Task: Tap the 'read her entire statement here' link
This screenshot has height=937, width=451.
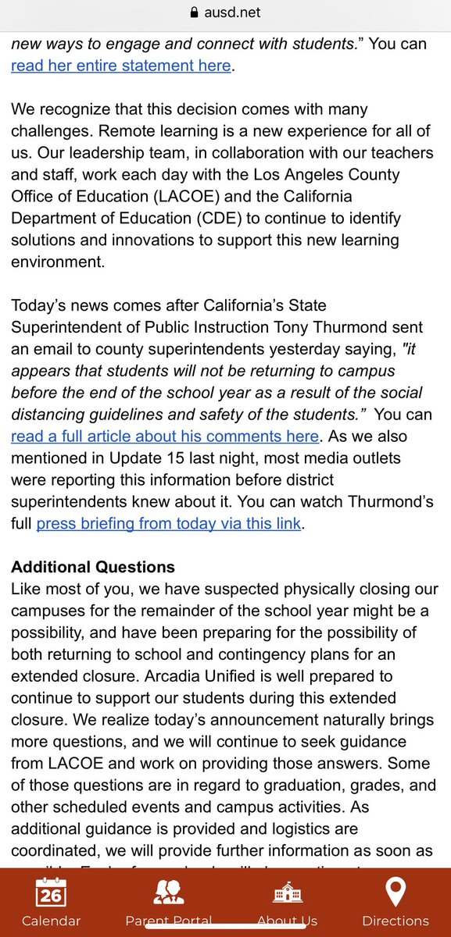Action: [x=121, y=66]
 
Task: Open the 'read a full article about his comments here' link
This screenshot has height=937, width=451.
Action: [x=165, y=436]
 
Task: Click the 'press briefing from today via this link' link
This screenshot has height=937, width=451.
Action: [x=168, y=523]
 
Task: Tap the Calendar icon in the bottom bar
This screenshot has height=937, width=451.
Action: [x=51, y=892]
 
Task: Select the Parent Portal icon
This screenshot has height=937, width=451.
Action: [x=169, y=892]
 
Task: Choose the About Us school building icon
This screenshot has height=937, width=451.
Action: [x=287, y=892]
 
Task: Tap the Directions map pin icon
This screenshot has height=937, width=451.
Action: [x=396, y=892]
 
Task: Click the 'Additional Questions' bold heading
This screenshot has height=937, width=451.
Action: [x=93, y=566]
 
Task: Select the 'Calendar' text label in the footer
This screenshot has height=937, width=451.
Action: [x=51, y=921]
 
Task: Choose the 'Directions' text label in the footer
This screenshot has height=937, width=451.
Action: [x=396, y=921]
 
